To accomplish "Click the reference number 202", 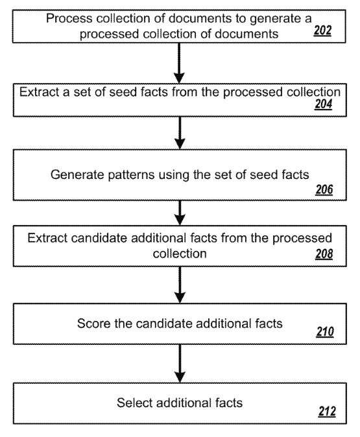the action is tap(322, 30).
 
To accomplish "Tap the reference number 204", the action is tap(324, 104).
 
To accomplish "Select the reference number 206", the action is tap(324, 189).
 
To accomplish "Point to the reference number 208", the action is tap(324, 254).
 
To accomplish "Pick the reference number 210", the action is tap(325, 332).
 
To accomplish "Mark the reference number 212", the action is tap(327, 411).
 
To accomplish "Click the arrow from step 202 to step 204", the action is tap(179, 63).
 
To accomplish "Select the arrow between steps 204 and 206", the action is tap(180, 133).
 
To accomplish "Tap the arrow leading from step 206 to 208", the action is tap(180, 213).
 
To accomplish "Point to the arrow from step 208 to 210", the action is tap(180, 285).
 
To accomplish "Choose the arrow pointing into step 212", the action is tap(180, 364).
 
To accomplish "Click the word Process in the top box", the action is tap(69, 18).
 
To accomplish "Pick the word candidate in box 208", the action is tap(99, 239).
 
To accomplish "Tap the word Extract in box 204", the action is tap(40, 92).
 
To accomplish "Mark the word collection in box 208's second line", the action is tap(180, 254).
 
